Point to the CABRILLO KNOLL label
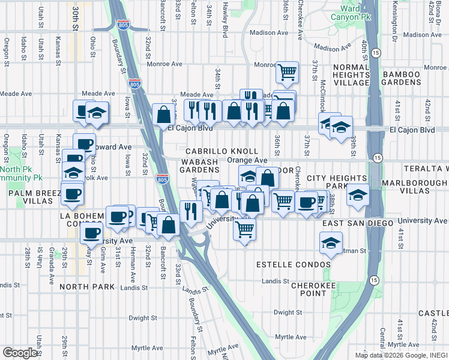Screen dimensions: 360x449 click(221, 152)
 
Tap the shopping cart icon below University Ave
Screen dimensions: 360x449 click(244, 229)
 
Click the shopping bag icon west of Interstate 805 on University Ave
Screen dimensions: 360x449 click(169, 225)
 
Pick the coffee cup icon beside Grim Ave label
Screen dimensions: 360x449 click(92, 233)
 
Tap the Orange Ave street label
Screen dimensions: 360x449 click(247, 161)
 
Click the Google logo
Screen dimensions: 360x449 click(20, 353)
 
